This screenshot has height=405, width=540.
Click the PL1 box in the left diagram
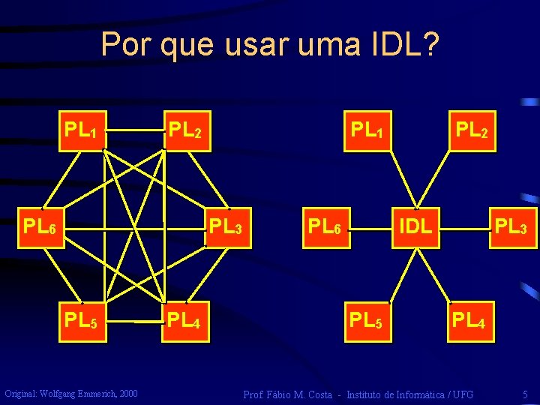click(81, 130)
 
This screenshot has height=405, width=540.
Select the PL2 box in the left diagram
click(186, 130)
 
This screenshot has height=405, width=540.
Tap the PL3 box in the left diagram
click(226, 226)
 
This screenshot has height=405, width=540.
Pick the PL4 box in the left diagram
click(186, 321)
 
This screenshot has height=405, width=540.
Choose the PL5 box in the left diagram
click(81, 321)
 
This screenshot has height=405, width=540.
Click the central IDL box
click(415, 226)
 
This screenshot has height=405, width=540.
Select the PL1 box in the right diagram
click(367, 130)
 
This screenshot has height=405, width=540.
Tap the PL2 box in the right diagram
click(472, 130)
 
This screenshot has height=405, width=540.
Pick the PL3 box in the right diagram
click(514, 226)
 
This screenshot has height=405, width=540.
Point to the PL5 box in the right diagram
click(367, 321)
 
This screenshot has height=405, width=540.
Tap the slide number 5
click(526, 394)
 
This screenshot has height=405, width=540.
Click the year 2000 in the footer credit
click(127, 393)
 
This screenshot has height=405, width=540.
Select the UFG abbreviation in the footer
click(462, 394)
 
